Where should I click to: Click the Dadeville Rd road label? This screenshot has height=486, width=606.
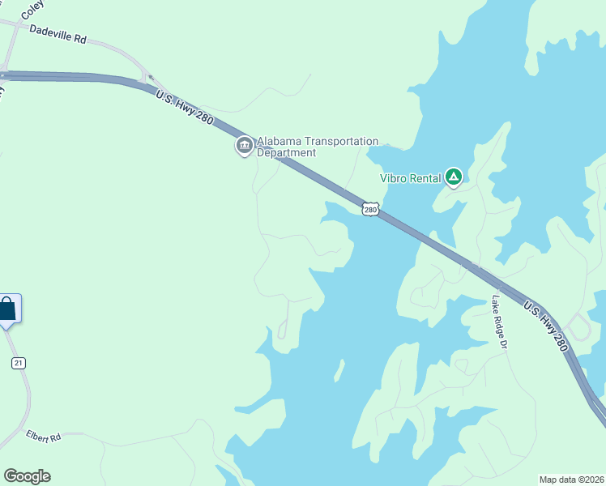pos(58,33)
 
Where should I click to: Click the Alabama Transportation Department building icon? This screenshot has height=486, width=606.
pos(244,146)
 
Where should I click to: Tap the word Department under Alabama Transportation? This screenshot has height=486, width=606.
pos(286,153)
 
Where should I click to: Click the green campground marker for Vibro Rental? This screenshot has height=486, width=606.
pos(454,177)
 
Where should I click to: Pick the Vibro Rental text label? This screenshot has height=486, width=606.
pos(411,178)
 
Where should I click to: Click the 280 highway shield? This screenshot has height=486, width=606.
pos(370,210)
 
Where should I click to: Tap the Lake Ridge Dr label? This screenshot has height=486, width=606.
pos(498,322)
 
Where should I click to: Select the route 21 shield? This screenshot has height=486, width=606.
pos(18,363)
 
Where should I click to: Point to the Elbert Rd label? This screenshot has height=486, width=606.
pos(44,437)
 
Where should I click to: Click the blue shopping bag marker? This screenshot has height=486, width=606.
pos(7,309)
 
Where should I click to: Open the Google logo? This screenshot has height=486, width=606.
pos(27,476)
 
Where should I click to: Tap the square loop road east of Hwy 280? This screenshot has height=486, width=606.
pos(578,328)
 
